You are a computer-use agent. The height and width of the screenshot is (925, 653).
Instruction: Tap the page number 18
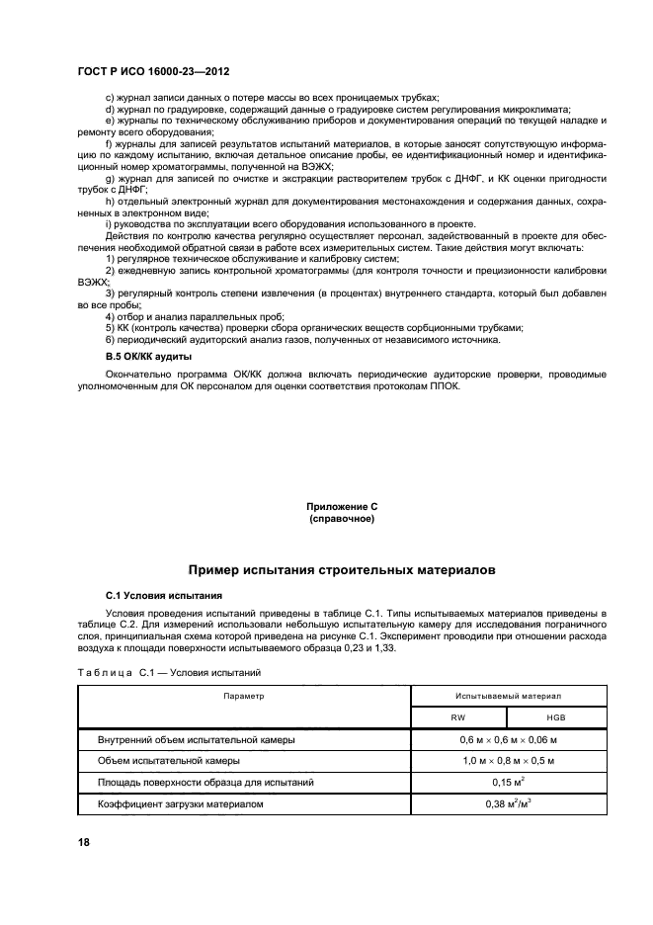[x=84, y=840]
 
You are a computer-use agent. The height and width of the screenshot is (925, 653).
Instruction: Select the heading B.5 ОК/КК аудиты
[x=148, y=355]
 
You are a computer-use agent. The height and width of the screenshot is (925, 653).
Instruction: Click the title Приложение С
[x=341, y=507]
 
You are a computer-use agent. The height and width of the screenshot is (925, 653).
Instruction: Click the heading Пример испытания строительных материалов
[x=341, y=570]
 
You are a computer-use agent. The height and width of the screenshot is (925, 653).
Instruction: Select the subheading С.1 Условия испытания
[x=163, y=596]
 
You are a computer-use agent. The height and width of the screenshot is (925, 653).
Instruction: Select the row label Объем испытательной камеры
[x=167, y=761]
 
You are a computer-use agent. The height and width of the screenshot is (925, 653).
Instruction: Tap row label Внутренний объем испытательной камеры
[x=195, y=740]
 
